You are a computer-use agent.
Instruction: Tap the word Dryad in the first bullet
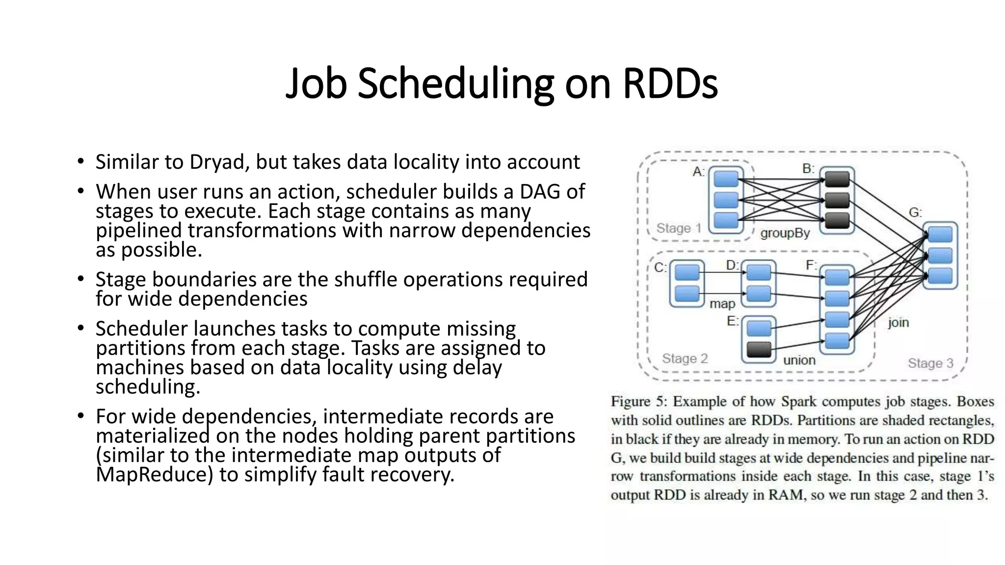(x=217, y=162)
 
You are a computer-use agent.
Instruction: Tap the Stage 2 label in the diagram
(x=685, y=359)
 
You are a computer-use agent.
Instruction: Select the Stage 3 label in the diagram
(x=930, y=363)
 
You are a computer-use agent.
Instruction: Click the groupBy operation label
(x=785, y=233)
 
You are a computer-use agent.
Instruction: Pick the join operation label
(x=898, y=322)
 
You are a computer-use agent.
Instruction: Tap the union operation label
(x=799, y=360)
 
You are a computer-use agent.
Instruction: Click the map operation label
(x=722, y=304)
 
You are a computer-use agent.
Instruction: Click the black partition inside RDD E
(x=759, y=350)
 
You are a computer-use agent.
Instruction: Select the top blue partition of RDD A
(x=726, y=179)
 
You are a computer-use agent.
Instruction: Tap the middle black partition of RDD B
(x=837, y=200)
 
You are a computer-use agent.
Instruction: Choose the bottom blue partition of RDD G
(x=940, y=276)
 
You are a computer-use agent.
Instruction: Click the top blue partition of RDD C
(x=687, y=273)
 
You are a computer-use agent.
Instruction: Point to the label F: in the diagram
(x=812, y=265)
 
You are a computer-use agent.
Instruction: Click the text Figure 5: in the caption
(x=638, y=402)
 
